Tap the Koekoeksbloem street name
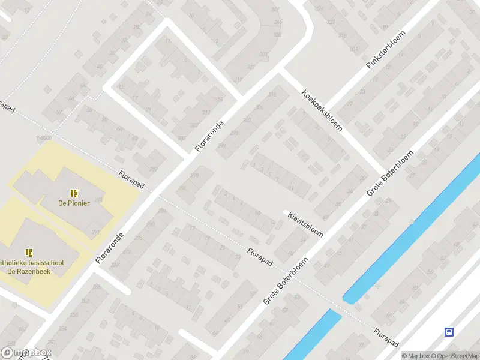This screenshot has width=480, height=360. pyautogui.click(x=323, y=111)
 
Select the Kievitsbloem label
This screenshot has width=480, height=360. pyautogui.click(x=305, y=224)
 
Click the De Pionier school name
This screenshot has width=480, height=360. pyautogui.click(x=74, y=203)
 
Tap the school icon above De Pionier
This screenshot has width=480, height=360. pyautogui.click(x=74, y=193)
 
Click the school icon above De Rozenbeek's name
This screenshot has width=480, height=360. pyautogui.click(x=28, y=253)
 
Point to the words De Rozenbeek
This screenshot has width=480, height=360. pyautogui.click(x=28, y=271)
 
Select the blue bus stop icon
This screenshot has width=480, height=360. pyautogui.click(x=449, y=332)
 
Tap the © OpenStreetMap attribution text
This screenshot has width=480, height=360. pyautogui.click(x=454, y=356)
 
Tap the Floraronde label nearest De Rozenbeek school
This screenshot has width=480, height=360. pyautogui.click(x=110, y=248)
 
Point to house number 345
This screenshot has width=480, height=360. pyautogui.click(x=277, y=22)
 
